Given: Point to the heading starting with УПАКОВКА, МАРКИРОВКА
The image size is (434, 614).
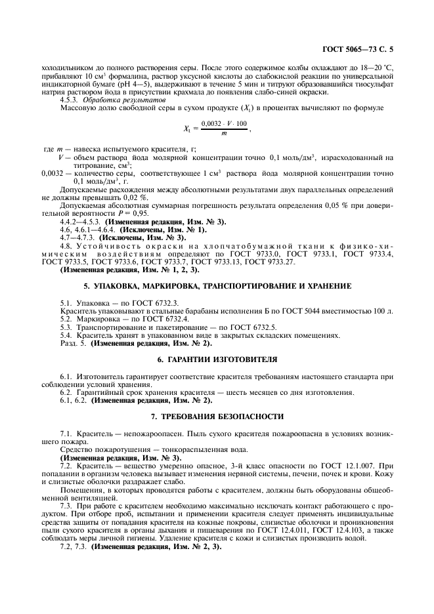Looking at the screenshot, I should tap(217, 286).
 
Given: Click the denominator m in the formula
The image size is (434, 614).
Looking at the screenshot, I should tap(224, 133).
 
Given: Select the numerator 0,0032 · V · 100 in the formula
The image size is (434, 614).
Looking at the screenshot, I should tap(224, 123).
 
